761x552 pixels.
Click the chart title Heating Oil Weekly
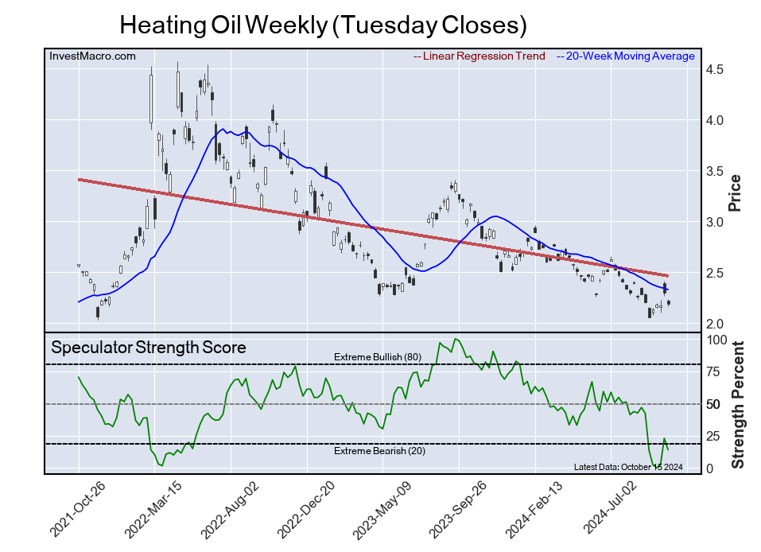[323, 25]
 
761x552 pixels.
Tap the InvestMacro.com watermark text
[92, 56]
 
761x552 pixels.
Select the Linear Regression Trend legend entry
[480, 56]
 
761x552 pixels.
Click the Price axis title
[736, 192]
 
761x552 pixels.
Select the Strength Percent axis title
[737, 404]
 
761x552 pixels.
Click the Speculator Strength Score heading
[149, 348]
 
